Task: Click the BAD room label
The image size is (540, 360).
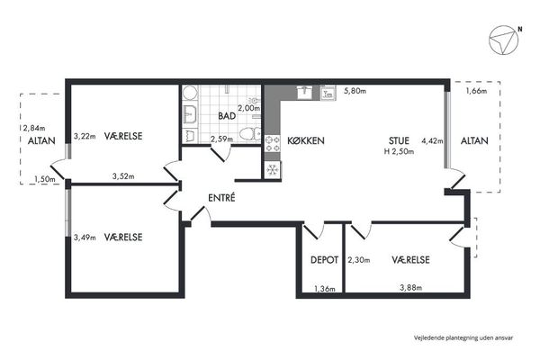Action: click(x=227, y=116)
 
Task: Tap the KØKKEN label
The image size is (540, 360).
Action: click(x=306, y=140)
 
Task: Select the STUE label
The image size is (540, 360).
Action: click(x=399, y=140)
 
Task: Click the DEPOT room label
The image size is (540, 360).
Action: click(x=324, y=260)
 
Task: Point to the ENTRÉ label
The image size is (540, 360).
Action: click(x=221, y=197)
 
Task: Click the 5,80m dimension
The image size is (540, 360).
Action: click(x=355, y=91)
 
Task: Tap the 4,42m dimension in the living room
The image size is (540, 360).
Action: click(x=432, y=140)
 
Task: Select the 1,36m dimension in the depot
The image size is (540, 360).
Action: click(x=325, y=289)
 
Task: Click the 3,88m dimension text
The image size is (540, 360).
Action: click(x=411, y=287)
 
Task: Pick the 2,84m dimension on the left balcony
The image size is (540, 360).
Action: click(x=34, y=128)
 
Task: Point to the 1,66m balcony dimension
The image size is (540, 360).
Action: click(x=477, y=91)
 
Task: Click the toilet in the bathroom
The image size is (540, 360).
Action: click(x=250, y=134)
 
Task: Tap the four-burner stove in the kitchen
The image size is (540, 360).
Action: click(x=273, y=144)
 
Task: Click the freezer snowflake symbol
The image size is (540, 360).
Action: click(x=273, y=169)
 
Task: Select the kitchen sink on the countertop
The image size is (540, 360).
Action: click(x=304, y=93)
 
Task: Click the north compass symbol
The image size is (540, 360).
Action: click(x=503, y=40)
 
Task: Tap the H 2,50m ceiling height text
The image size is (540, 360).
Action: click(x=399, y=151)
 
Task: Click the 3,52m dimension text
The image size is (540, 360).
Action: click(x=123, y=176)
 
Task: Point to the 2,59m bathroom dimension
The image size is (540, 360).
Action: click(x=221, y=139)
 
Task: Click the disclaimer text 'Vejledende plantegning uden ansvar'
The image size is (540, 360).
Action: click(x=463, y=337)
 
